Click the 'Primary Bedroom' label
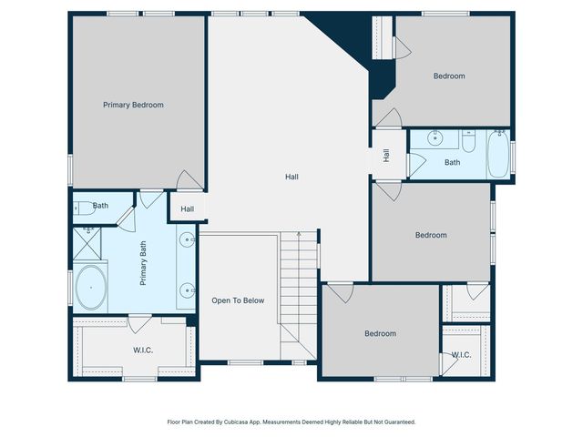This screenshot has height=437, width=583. [133, 105]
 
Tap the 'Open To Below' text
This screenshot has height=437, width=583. [238, 300]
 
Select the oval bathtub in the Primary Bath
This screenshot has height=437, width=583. [90, 289]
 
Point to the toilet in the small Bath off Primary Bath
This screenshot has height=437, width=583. [81, 207]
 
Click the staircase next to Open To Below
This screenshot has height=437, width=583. [297, 291]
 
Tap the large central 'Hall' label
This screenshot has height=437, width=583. [291, 177]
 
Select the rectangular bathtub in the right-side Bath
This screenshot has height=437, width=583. [498, 155]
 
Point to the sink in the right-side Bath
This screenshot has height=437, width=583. [435, 140]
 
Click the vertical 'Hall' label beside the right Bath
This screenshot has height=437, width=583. [386, 156]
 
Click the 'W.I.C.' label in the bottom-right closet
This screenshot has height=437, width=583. [460, 355]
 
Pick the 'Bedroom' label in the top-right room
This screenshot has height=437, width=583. [449, 76]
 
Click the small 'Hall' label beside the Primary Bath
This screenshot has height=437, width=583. [187, 208]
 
